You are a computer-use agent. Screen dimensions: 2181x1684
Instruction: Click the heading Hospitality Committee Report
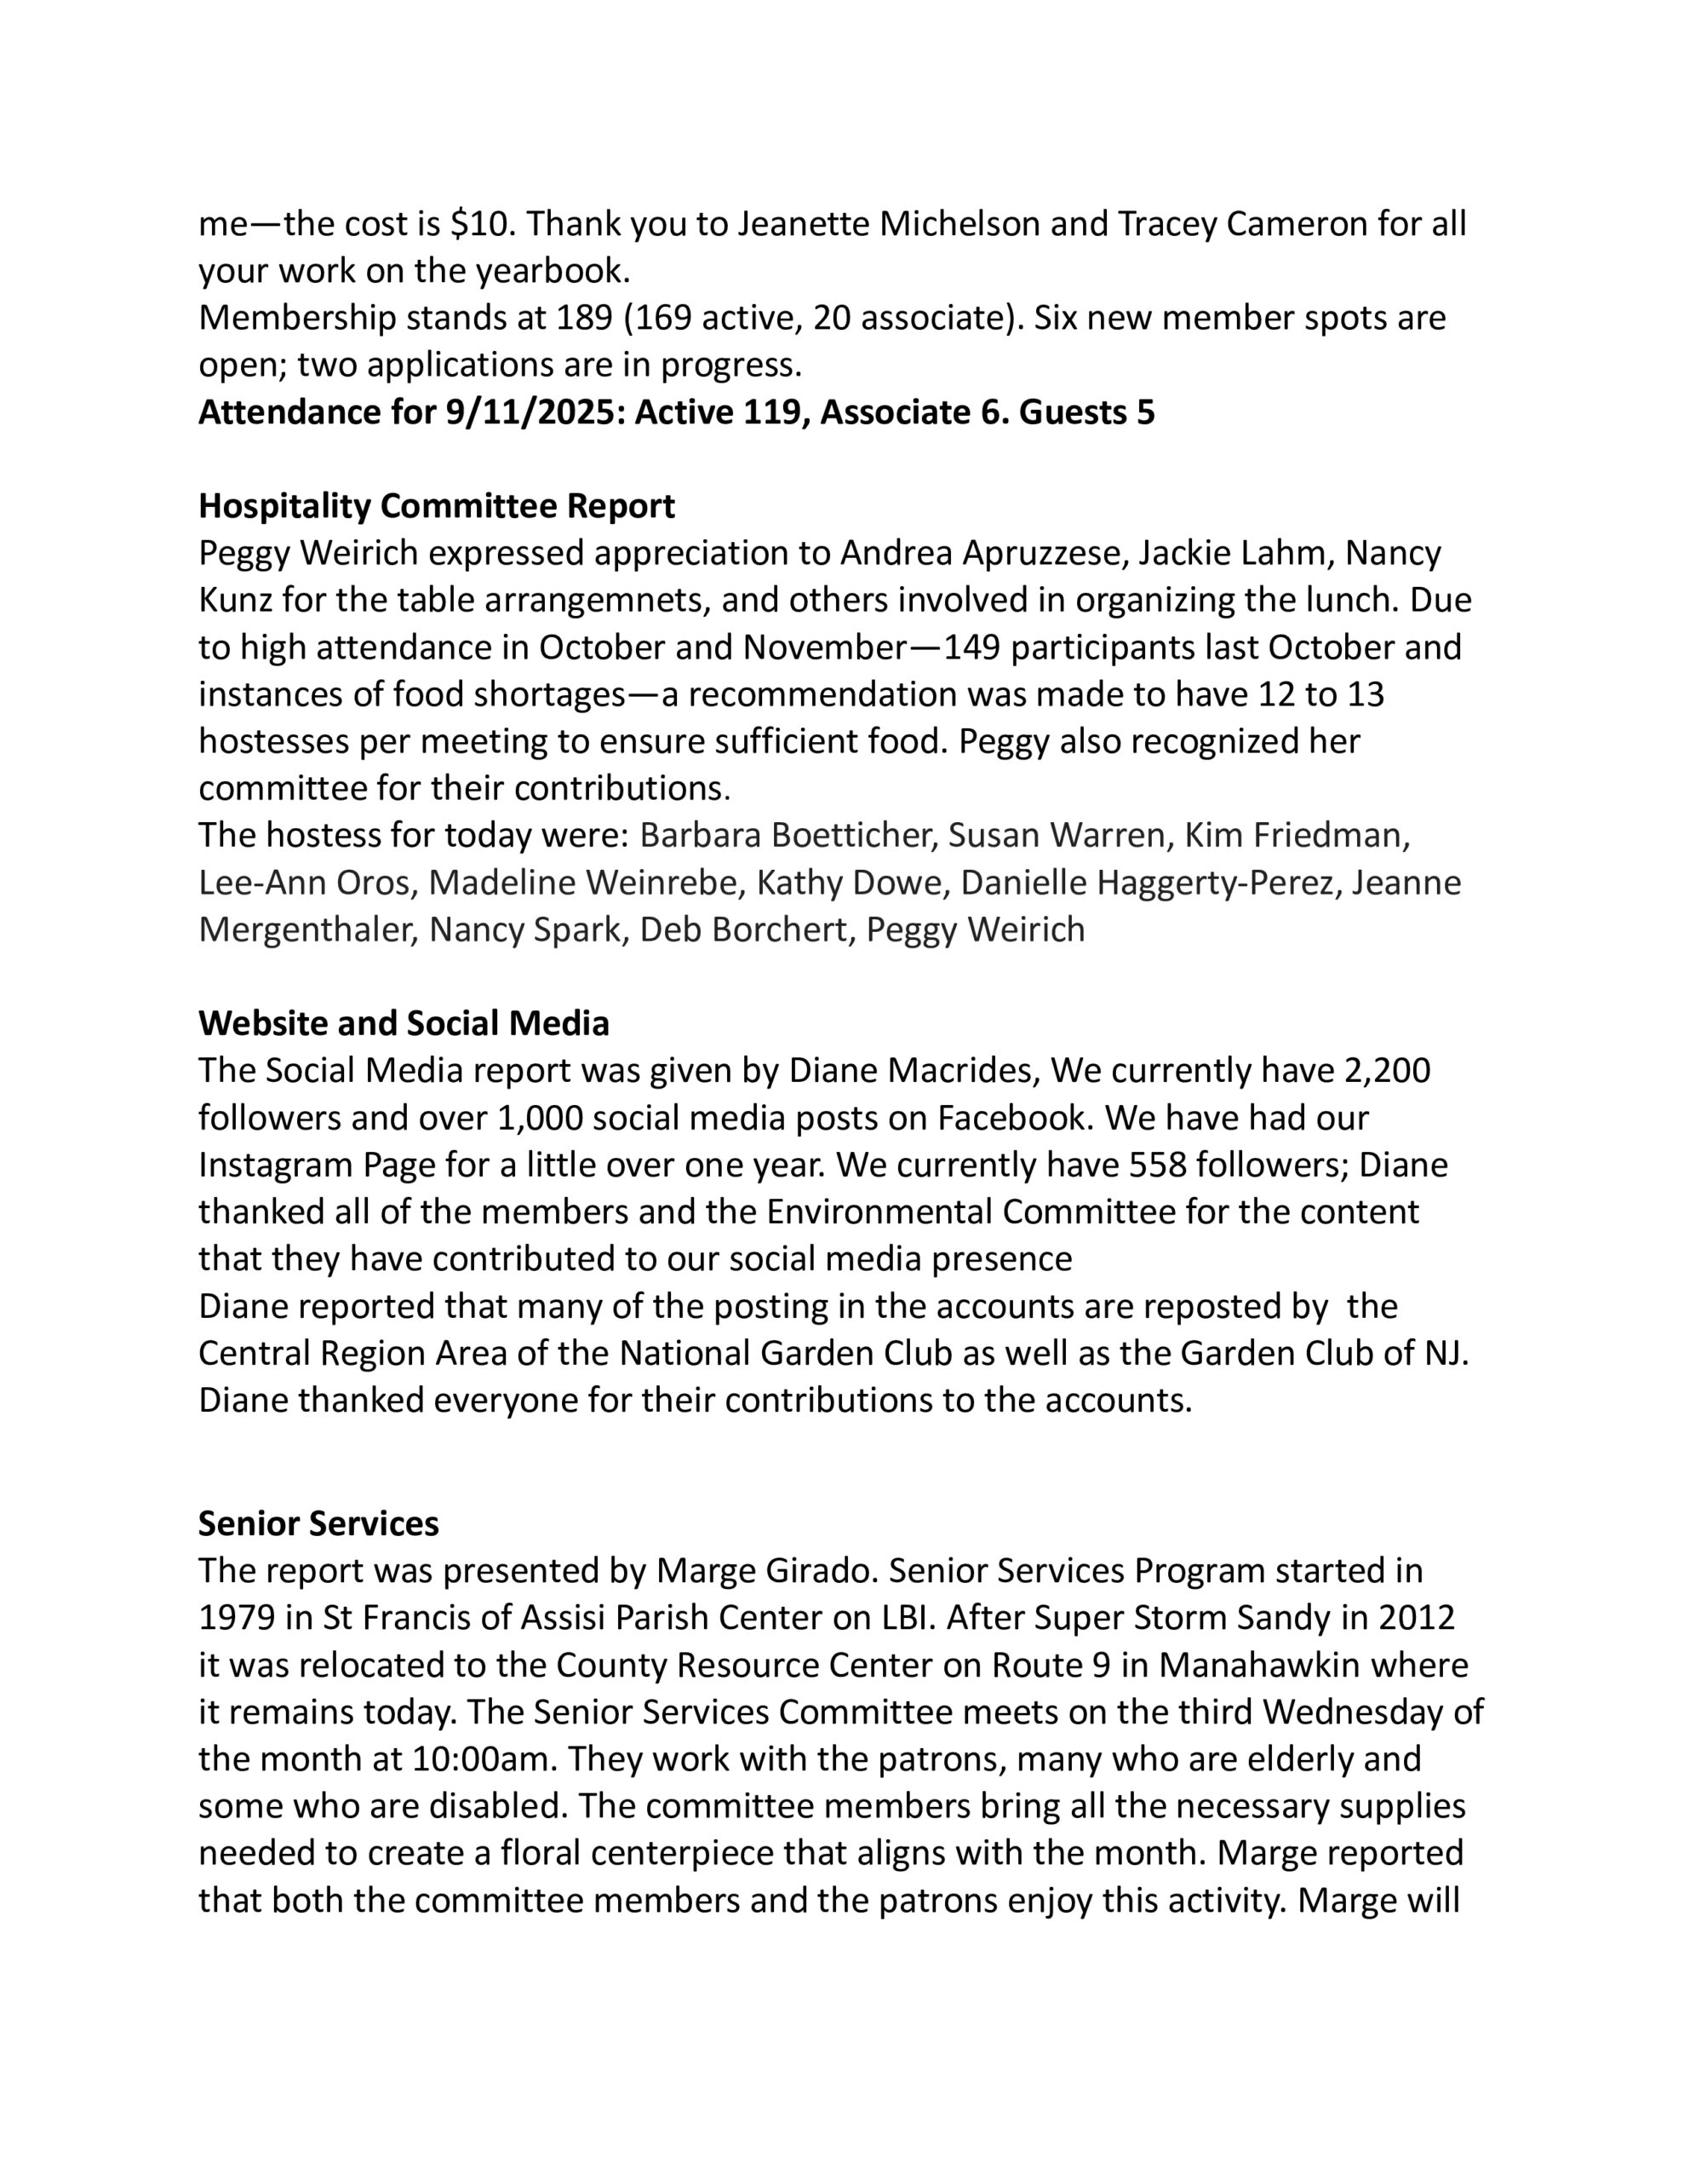click(x=436, y=506)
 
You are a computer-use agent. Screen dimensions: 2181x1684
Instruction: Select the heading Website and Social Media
click(x=404, y=1022)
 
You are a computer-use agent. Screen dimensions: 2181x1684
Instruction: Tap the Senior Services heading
click(x=318, y=1523)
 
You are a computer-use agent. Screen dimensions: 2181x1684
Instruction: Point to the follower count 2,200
click(x=1388, y=1071)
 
